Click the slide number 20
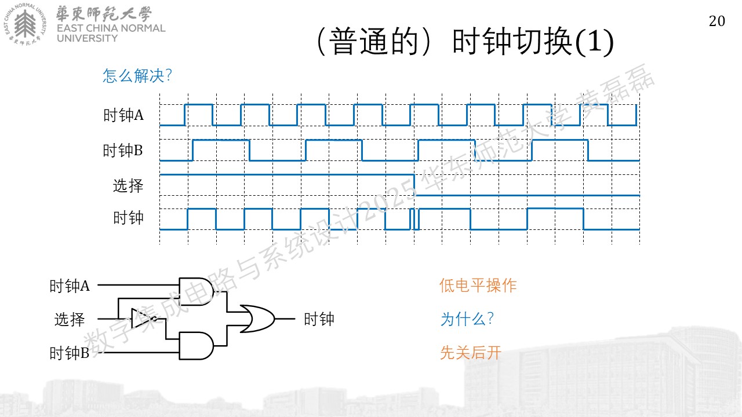point(717,21)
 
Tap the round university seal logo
point(25,24)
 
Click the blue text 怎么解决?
point(137,76)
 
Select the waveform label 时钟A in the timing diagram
point(123,115)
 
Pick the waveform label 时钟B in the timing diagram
point(123,151)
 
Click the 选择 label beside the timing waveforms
point(128,186)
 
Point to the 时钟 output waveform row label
point(128,218)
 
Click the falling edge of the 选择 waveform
point(414,185)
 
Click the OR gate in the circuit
point(257,319)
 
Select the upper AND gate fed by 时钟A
point(196,291)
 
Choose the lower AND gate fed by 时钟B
point(196,346)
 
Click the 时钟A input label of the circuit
point(70,286)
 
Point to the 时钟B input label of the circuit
point(70,353)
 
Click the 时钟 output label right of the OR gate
point(319,319)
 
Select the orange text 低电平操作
point(478,286)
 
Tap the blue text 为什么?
point(467,319)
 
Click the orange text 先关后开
point(471,353)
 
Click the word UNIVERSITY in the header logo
point(87,38)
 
